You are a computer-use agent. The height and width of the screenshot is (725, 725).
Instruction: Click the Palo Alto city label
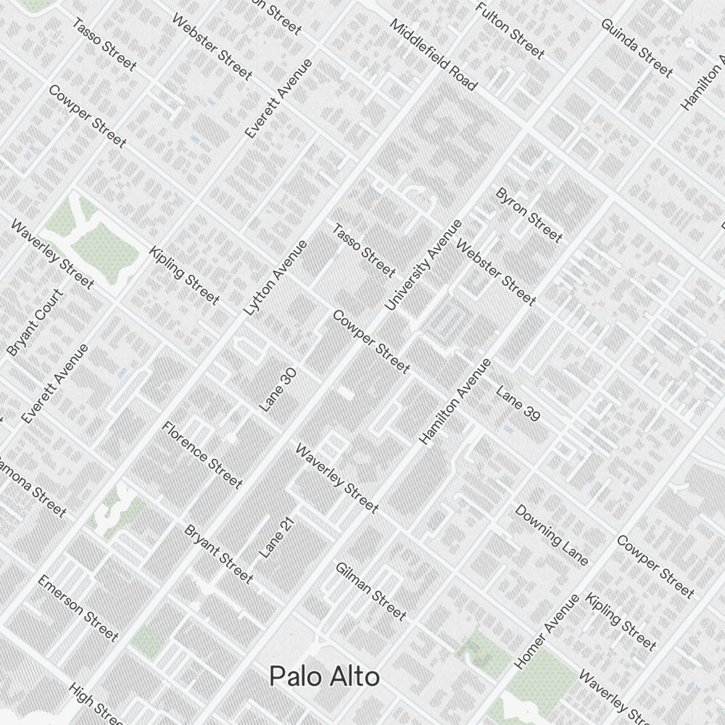tap(324, 676)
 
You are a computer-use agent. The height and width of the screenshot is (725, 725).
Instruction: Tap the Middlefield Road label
tap(434, 55)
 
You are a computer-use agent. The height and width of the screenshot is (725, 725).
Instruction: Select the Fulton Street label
tap(510, 30)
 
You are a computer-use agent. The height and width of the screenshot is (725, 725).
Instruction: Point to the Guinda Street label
tap(637, 47)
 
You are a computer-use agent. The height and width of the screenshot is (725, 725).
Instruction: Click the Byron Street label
tap(529, 215)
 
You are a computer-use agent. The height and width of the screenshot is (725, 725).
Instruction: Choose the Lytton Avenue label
tap(275, 278)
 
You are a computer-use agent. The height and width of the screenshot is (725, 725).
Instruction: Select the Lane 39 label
tap(518, 404)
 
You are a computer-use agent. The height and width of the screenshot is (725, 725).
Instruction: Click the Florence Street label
tap(202, 454)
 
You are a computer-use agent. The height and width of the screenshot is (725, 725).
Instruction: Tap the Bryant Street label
tap(219, 553)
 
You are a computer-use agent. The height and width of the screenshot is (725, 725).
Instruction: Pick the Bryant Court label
tap(35, 323)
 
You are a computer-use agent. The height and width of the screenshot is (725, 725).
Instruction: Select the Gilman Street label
tap(370, 591)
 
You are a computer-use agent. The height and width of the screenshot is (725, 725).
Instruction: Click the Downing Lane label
tap(551, 535)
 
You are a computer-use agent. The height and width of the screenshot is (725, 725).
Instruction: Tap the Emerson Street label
tap(78, 608)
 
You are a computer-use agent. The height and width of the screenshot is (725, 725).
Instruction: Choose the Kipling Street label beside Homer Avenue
tap(621, 621)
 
